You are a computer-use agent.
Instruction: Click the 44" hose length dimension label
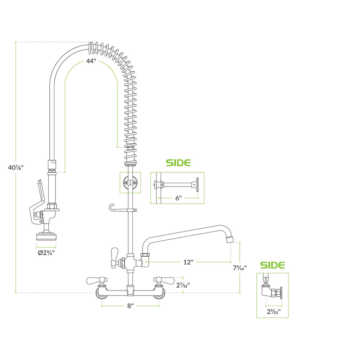91,61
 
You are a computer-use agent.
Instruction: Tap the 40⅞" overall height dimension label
16,167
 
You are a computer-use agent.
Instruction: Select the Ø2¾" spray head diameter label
46,252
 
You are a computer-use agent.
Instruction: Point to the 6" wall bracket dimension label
178,198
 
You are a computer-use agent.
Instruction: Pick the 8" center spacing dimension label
130,306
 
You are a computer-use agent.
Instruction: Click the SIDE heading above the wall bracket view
178,163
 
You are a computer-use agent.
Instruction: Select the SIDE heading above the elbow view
273,265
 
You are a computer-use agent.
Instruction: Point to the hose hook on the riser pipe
112,208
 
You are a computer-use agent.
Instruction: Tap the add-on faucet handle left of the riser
115,257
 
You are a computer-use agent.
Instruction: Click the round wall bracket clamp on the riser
130,183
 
